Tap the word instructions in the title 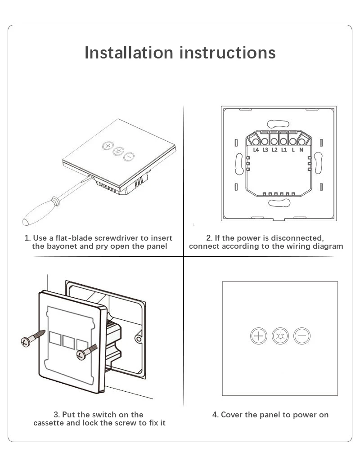point(228,53)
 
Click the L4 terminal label point(256,150)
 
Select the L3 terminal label point(265,150)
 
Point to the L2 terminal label point(274,150)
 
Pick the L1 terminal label point(283,150)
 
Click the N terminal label point(301,150)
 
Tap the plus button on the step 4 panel point(259,336)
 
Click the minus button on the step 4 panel point(302,336)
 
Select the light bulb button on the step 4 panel point(280,336)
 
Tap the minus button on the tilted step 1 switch point(129,157)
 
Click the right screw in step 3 point(86,351)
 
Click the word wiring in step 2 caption point(299,246)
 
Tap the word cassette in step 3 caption point(49,423)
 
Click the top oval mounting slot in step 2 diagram point(278,123)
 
